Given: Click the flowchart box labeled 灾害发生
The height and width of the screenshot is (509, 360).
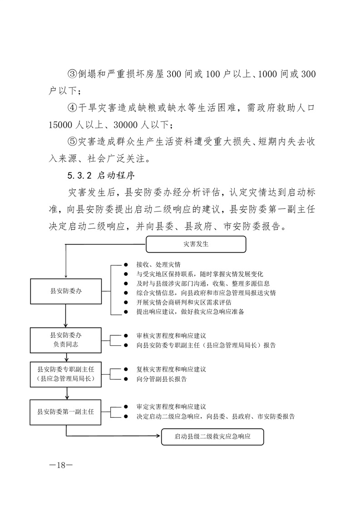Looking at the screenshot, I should click(196, 244).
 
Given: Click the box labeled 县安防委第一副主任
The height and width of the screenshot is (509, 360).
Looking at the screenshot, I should click(66, 412).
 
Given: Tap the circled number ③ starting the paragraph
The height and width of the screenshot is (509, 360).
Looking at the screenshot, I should click(73, 73).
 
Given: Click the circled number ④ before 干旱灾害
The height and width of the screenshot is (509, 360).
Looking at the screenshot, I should click(73, 109).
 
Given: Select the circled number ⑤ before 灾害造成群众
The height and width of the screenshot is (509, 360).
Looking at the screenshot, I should click(73, 142).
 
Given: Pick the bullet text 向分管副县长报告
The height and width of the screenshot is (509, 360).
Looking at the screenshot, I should click(161, 379).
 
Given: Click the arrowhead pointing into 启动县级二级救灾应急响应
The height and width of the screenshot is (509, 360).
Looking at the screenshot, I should click(160, 437).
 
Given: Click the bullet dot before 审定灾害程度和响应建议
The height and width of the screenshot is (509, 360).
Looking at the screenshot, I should click(126, 407).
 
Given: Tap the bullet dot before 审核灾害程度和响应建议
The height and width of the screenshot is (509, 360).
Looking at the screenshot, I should click(126, 336).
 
